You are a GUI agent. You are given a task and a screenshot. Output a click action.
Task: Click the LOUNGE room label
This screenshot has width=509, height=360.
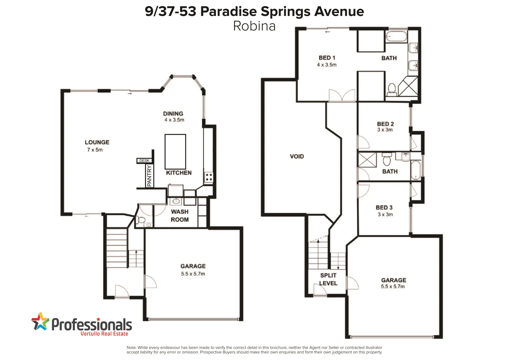tap(97, 142)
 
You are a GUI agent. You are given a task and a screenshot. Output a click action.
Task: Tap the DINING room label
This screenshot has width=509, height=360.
tap(173, 114)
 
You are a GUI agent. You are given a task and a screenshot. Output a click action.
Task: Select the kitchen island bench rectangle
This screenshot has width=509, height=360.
tap(175, 152)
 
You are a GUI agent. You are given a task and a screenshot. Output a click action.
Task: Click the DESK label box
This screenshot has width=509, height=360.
tap(144, 161)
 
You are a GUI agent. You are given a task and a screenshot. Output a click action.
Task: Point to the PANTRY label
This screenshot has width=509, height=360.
tap(149, 176)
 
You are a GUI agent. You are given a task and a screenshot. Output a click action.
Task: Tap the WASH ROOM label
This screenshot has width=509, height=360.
tap(180, 216)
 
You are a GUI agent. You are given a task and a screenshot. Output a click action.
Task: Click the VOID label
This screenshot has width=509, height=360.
tap(297, 156)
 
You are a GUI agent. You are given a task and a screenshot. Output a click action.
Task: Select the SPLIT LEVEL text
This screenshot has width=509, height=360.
tap(328, 279)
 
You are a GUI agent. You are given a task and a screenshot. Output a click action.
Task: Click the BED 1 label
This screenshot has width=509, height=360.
tap(327, 58)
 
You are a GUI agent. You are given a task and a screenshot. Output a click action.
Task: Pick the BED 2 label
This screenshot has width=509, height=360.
tap(385, 124)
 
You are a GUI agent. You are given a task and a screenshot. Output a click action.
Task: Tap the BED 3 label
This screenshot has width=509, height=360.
tap(384, 208)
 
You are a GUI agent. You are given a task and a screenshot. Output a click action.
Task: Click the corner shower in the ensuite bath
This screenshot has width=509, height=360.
tap(408, 86)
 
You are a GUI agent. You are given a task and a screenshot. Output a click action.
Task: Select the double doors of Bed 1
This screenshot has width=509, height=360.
tap(342, 95)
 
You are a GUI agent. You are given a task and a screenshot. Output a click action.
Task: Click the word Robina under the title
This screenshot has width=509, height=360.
tap(254, 26)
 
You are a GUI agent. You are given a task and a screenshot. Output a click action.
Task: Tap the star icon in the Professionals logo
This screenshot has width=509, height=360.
tap(40, 322)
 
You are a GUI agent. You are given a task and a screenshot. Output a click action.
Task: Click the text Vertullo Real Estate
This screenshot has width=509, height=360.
tap(104, 334)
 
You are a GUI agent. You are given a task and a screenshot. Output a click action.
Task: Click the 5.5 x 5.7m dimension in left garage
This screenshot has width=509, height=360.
tap(193, 274)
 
